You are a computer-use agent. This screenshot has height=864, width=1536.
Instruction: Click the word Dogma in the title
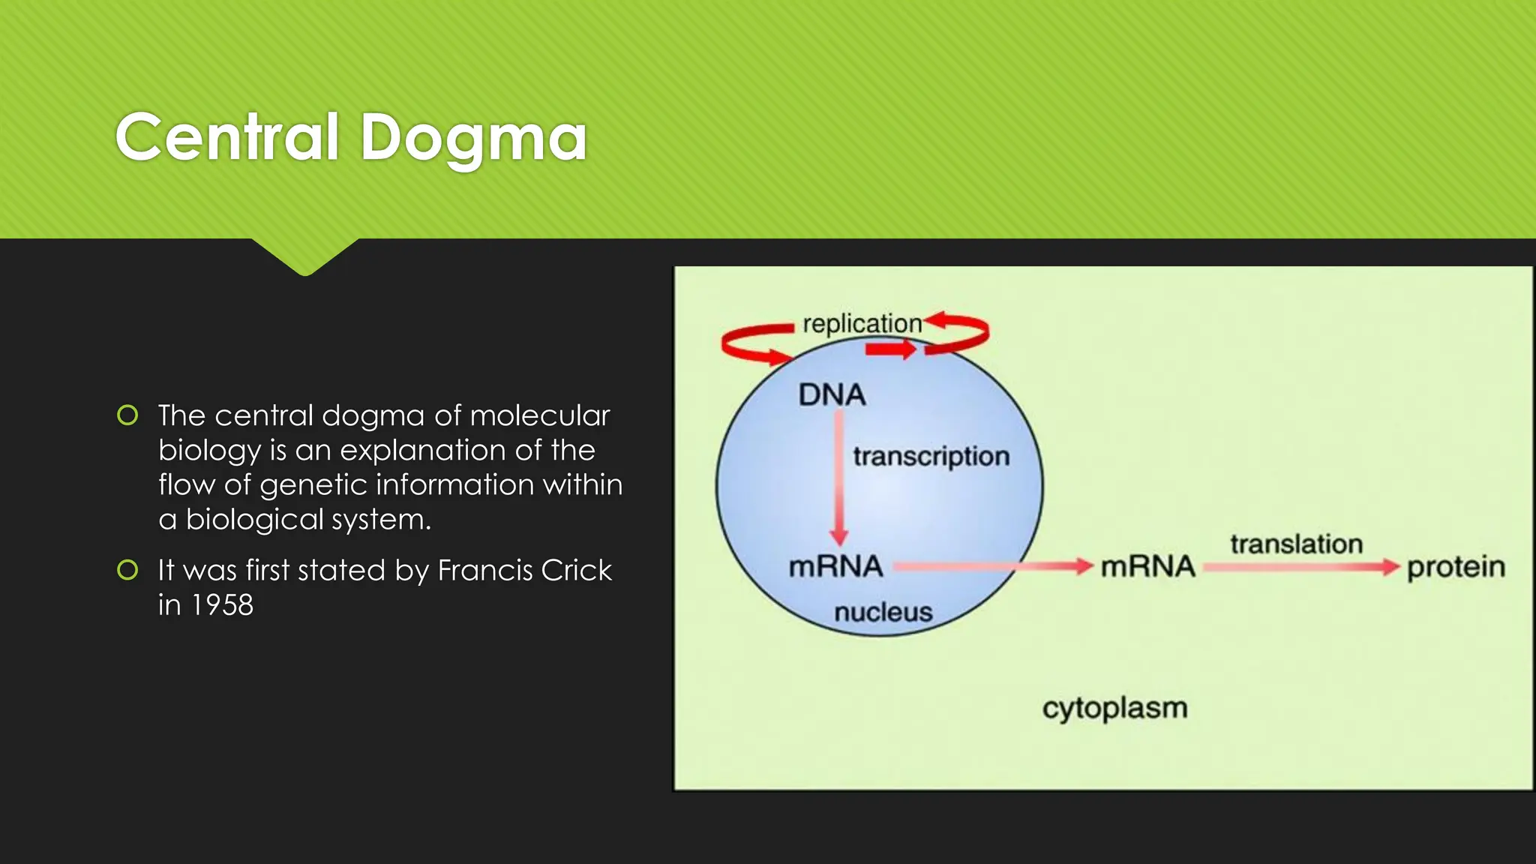point(473,137)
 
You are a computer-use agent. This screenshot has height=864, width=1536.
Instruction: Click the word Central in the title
point(227,137)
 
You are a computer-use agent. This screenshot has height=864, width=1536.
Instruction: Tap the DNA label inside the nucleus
point(832,394)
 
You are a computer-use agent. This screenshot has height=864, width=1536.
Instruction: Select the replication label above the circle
point(862,323)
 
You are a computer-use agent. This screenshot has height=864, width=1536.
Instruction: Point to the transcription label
point(931,456)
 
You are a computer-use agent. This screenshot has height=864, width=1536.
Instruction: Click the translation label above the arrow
point(1296,544)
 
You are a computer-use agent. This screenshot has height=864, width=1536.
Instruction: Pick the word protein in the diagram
point(1456,567)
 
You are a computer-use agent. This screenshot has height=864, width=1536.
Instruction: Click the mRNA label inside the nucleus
point(835,566)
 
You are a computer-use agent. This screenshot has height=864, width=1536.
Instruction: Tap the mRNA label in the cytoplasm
point(1147,566)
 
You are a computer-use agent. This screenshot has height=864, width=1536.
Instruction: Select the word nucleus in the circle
point(883,612)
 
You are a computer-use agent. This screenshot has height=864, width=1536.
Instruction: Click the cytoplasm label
point(1114,707)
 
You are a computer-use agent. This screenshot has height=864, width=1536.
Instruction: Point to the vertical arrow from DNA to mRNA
point(838,480)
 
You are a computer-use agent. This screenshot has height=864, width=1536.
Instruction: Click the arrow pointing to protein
point(1301,567)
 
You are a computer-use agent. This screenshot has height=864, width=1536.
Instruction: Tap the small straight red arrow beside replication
point(890,349)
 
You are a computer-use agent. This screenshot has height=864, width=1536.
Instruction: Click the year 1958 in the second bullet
point(222,605)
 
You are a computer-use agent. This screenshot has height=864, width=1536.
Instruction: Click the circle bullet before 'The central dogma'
point(128,415)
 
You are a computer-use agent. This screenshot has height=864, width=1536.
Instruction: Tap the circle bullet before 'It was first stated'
point(128,570)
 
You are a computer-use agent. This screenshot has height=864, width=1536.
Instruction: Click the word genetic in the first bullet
point(313,485)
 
